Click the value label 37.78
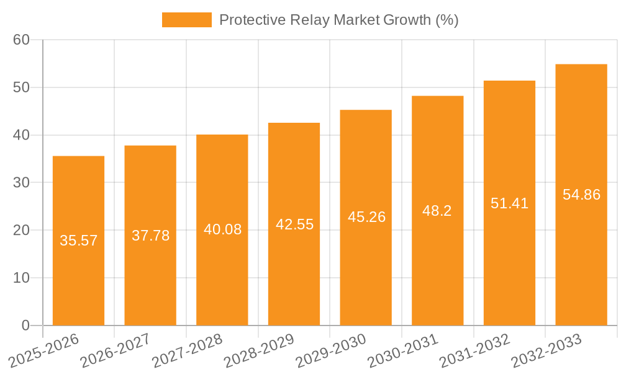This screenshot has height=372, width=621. [150, 236]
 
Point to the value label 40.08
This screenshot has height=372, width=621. [222, 229]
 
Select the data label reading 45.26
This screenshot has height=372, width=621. [366, 217]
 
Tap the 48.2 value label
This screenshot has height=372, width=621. [437, 211]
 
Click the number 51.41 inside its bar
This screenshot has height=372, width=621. [509, 203]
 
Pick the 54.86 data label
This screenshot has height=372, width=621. [581, 195]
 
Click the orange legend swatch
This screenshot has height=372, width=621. [186, 20]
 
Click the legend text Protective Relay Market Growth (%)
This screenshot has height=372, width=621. [339, 20]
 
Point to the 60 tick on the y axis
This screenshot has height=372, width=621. [21, 40]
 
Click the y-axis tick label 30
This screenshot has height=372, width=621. [21, 183]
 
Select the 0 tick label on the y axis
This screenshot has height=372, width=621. [25, 325]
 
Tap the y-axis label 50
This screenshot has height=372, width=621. [21, 87]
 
